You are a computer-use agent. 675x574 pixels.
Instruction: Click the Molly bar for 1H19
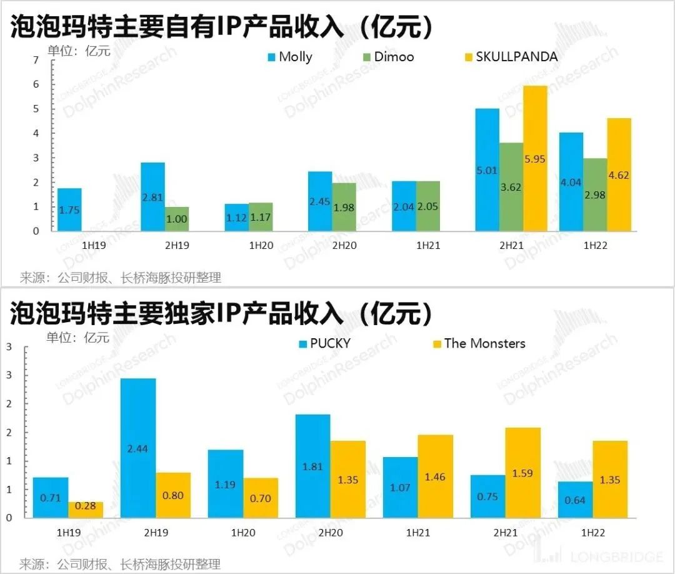click(69, 209)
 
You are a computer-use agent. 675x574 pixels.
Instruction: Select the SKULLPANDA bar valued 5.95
click(530, 158)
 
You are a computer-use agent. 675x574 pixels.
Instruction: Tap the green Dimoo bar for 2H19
click(177, 219)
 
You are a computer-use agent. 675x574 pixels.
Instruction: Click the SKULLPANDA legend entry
click(509, 57)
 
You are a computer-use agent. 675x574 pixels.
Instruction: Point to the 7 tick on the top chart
click(36, 60)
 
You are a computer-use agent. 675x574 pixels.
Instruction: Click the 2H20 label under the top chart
click(344, 246)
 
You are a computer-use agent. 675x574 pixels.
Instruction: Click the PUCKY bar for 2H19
click(138, 448)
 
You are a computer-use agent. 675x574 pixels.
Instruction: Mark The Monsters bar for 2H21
click(523, 473)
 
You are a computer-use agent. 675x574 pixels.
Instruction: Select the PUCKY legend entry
click(324, 343)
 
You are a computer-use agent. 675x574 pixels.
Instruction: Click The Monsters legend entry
click(478, 343)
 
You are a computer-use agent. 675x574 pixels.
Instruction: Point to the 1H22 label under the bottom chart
click(593, 533)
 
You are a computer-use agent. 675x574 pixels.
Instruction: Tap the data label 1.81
click(313, 466)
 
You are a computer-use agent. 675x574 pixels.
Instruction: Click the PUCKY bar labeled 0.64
click(575, 500)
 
